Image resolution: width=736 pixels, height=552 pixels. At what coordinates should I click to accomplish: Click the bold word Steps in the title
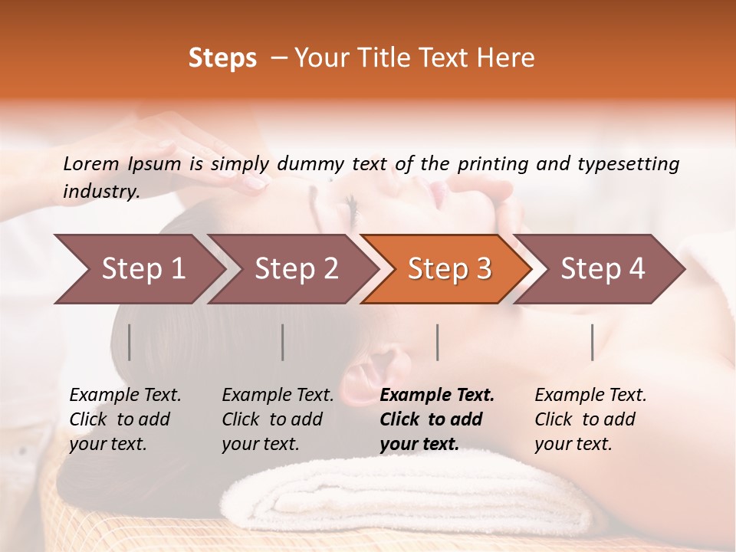pos(222,58)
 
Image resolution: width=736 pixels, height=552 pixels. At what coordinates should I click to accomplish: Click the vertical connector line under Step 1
pos(130,342)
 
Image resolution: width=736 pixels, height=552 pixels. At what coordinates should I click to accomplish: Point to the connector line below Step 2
pos(283,342)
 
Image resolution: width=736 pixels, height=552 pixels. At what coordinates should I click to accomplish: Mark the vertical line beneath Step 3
pos(437,342)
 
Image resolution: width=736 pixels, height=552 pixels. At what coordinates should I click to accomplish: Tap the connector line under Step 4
pos(593,342)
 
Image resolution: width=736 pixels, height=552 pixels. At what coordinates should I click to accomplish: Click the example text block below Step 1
pos(125,419)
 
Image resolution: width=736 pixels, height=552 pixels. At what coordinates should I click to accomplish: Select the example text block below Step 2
pos(278,419)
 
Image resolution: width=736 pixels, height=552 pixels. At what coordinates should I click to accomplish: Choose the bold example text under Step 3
pos(437,419)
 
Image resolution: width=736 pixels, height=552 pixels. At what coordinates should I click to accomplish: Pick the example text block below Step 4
pos(590,419)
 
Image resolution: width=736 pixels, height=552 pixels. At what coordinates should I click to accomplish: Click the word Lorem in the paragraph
pos(91,163)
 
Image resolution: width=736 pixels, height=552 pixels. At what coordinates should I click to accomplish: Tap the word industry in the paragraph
pos(100,192)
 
